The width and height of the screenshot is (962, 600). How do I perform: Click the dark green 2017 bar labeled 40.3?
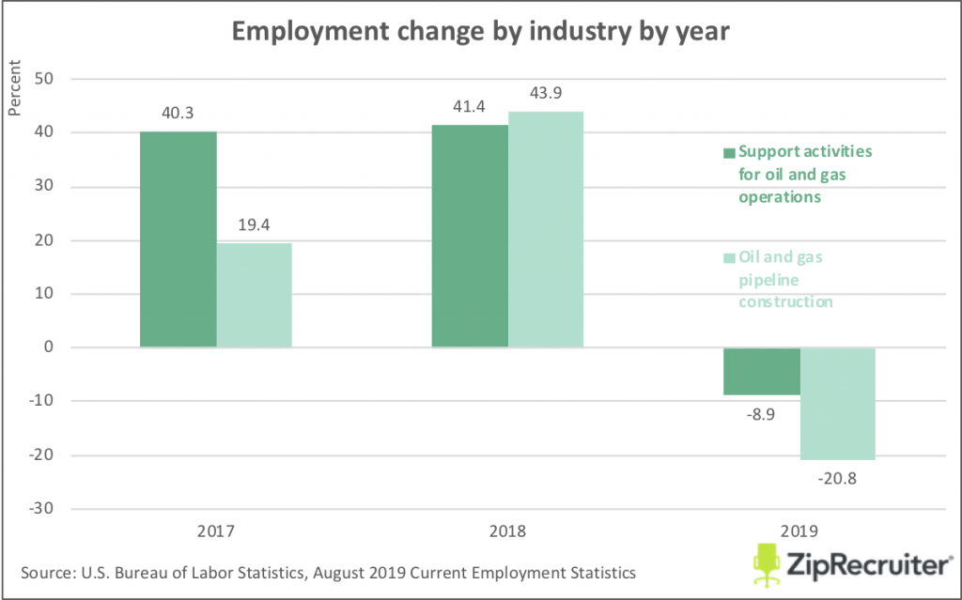coord(178,239)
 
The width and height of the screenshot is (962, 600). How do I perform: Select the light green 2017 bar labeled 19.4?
coord(254,295)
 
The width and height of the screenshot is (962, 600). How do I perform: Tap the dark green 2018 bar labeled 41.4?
coord(470,236)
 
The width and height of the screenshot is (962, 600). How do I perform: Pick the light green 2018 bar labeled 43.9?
coord(546,229)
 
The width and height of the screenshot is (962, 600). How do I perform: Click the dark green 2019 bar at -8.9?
coord(762,371)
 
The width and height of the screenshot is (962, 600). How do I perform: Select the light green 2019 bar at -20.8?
coord(838,404)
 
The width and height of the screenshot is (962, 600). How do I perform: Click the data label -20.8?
coord(838,476)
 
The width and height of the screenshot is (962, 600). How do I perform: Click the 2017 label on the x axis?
coord(216,530)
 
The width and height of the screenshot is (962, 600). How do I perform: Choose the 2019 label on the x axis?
coord(799,530)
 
